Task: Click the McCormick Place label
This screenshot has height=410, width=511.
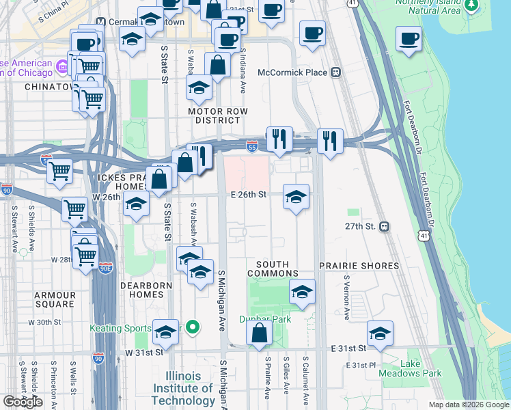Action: click(292, 72)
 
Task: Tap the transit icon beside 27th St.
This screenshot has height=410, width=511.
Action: click(384, 226)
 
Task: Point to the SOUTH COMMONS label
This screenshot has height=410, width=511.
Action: click(273, 269)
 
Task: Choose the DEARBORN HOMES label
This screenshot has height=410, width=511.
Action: click(142, 290)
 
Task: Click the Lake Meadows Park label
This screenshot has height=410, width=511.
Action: click(420, 368)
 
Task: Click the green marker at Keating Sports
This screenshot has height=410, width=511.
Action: click(193, 328)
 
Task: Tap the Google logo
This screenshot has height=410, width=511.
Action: click(23, 402)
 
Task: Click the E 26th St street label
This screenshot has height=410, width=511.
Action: click(247, 195)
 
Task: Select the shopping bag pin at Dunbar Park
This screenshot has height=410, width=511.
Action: click(259, 333)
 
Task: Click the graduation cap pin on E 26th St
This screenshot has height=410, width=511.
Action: click(296, 197)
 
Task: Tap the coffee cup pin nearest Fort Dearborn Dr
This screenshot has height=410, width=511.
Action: click(409, 38)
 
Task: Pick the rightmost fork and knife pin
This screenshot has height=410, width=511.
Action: click(330, 141)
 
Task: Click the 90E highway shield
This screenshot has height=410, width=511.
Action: click(106, 266)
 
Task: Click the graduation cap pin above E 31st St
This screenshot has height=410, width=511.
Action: click(381, 333)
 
